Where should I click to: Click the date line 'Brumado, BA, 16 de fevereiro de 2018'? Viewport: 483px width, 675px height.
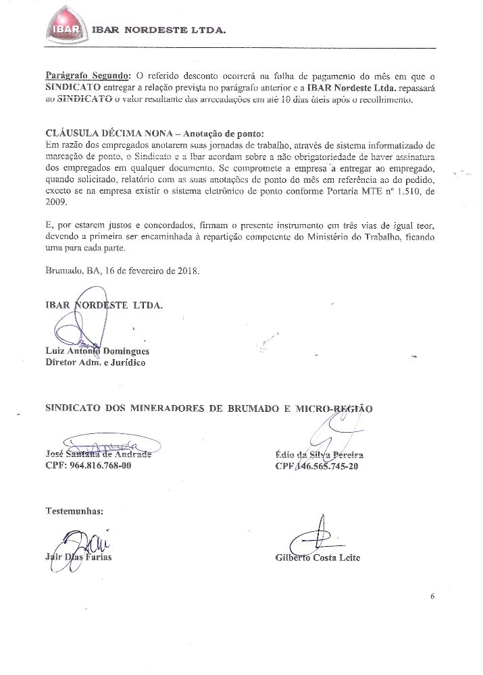122,271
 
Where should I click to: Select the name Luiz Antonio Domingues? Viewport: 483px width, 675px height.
97,351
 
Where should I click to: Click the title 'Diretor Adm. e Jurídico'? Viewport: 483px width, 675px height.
95,362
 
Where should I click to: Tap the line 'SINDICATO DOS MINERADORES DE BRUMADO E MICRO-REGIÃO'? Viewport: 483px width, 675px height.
209,408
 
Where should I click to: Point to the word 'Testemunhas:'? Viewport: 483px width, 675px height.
74,510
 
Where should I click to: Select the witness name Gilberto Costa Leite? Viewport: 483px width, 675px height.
317,558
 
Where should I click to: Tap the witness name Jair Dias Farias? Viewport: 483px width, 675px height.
78,558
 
